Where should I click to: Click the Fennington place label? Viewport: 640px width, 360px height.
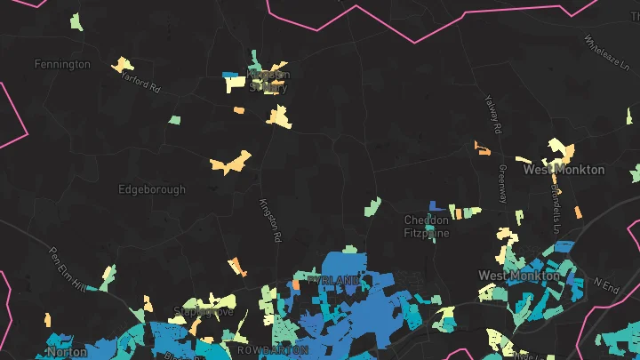click(x=62, y=64)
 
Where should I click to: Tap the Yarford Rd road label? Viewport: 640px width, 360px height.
click(x=140, y=83)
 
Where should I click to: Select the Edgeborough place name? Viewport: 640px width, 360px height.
click(x=152, y=189)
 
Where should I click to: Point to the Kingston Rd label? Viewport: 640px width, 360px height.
click(x=269, y=220)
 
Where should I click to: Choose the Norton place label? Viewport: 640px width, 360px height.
click(x=68, y=352)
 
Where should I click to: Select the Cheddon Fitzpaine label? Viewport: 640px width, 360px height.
click(x=427, y=227)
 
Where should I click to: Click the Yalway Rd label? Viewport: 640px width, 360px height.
click(x=492, y=115)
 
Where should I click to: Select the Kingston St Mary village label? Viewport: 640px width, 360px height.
click(x=268, y=81)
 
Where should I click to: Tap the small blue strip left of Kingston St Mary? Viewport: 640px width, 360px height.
click(x=229, y=75)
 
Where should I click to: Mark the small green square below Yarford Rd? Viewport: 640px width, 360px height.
click(x=175, y=119)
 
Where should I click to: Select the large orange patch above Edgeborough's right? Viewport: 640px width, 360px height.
click(x=230, y=163)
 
